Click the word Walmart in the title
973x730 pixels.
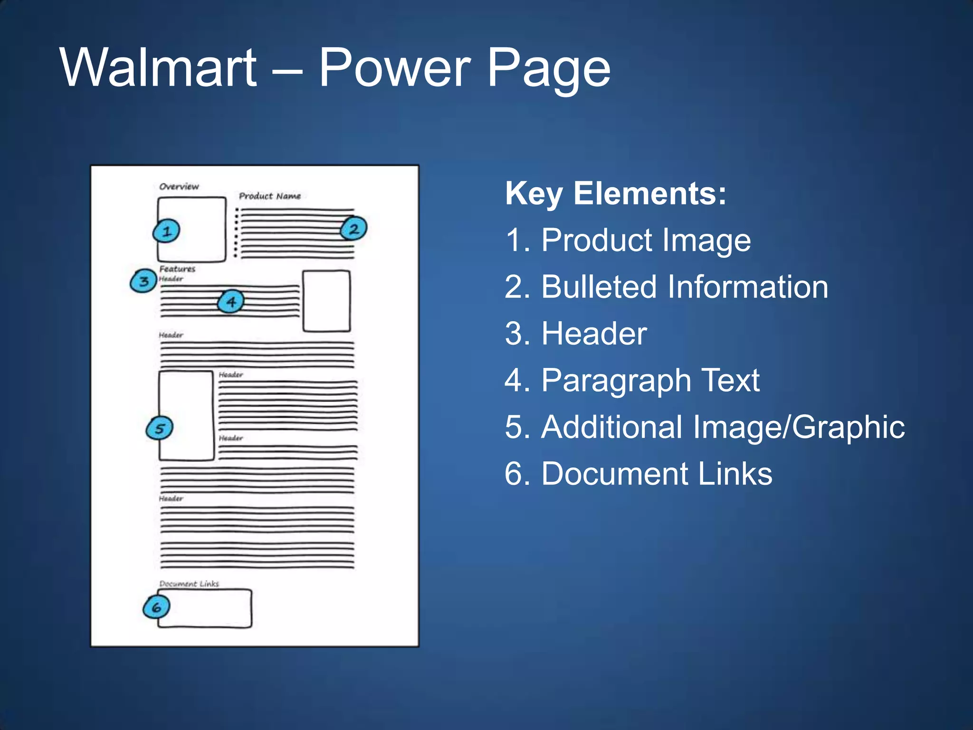tap(158, 67)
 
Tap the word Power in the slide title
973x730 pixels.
tap(394, 67)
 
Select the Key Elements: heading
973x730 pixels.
tap(616, 193)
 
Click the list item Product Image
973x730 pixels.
tap(628, 240)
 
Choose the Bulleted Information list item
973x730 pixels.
tap(666, 287)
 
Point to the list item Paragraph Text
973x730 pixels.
tap(632, 380)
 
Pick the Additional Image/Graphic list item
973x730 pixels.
tap(705, 427)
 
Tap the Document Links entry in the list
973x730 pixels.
tap(639, 473)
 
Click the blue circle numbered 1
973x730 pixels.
tap(166, 231)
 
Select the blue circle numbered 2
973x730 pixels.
tap(353, 229)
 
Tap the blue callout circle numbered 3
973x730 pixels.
tap(143, 281)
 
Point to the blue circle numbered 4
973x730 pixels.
tap(231, 302)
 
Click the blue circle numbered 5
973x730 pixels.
tap(159, 428)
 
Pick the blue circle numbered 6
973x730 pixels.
tap(156, 607)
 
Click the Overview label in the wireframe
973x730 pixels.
tap(179, 186)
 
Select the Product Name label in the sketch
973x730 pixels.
tap(269, 196)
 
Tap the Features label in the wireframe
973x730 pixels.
tap(177, 269)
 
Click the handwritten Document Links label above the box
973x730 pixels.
tap(189, 584)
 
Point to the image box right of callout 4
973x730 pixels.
tap(326, 301)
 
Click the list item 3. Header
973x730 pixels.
tap(576, 333)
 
